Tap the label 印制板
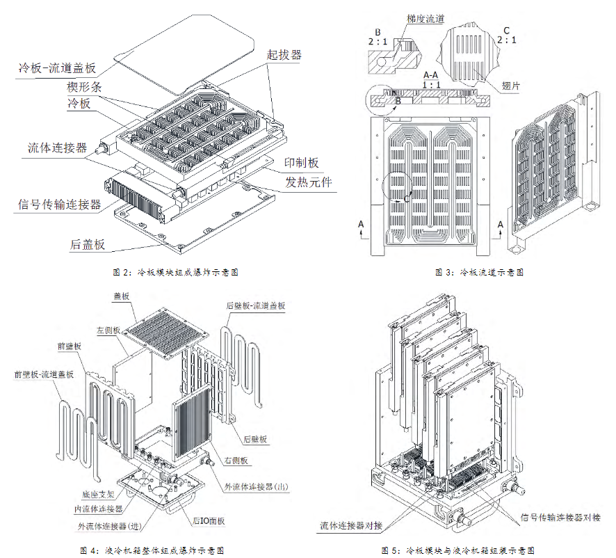(301, 163)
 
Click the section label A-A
(430, 74)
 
